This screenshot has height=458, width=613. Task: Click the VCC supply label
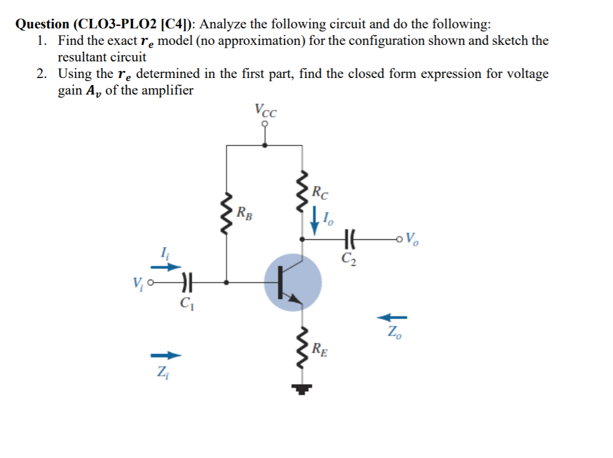coord(265,110)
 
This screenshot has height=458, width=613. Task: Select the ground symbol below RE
coord(303,388)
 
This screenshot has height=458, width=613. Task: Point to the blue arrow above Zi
coord(164,355)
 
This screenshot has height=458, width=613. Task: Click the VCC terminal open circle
coord(265,124)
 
